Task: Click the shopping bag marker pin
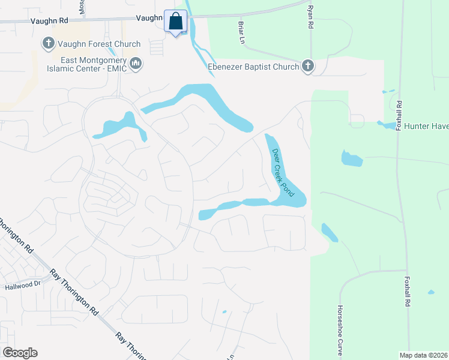[x=176, y=22]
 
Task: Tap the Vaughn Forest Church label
[x=99, y=44]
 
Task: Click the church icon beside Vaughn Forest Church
[x=48, y=44]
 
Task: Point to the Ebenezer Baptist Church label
[x=253, y=67]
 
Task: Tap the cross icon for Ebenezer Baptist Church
[x=308, y=66]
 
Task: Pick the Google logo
[x=20, y=353]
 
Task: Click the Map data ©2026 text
[x=424, y=355]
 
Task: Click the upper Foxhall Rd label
[x=398, y=114]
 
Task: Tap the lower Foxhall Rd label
[x=407, y=292]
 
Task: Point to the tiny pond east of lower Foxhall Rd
[x=431, y=292]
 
